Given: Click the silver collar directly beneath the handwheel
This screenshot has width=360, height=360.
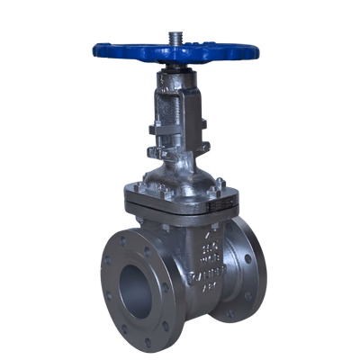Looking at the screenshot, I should click(175, 72).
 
